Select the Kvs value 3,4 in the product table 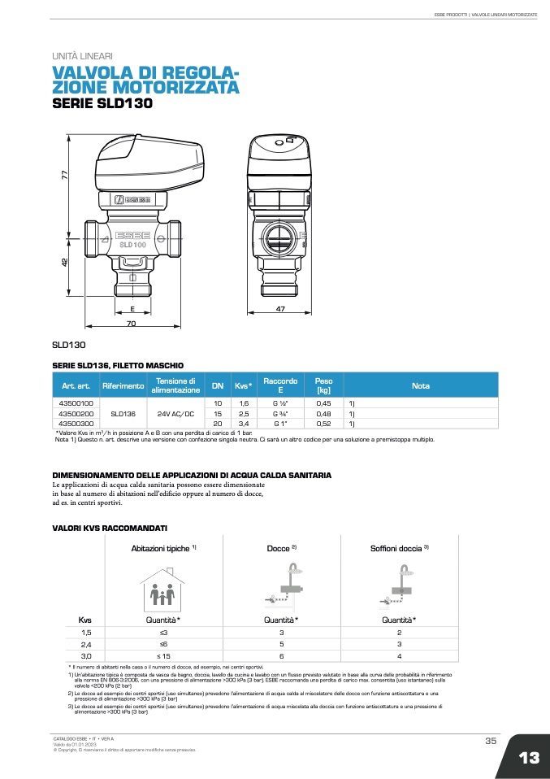[x=243, y=424]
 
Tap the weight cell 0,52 [x=323, y=424]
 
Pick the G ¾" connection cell [x=280, y=413]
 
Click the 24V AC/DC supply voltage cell [x=175, y=413]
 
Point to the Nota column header [x=420, y=385]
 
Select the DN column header [x=217, y=385]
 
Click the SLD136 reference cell [x=123, y=413]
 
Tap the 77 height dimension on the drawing [x=63, y=174]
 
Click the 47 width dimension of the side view [x=280, y=310]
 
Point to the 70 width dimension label [x=131, y=324]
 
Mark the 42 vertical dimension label [x=64, y=263]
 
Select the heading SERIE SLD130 [x=102, y=103]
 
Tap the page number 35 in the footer [x=490, y=740]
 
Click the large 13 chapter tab [x=528, y=757]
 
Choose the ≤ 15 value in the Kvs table [x=163, y=656]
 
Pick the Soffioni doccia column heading [x=399, y=548]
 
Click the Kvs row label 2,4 [x=86, y=644]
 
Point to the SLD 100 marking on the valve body [x=132, y=244]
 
